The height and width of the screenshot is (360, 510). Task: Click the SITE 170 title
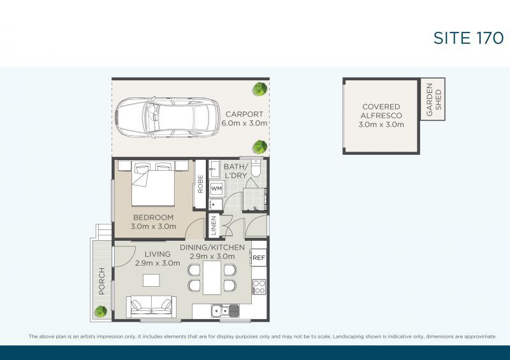(x=469, y=38)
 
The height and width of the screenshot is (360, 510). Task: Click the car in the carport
(x=168, y=117)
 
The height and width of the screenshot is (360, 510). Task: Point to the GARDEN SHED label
(x=433, y=99)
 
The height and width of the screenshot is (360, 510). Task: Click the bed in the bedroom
(x=153, y=183)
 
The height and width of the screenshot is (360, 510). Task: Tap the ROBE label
(x=200, y=184)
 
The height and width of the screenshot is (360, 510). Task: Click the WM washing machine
(x=216, y=189)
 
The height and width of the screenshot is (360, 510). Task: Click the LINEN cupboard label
(x=214, y=226)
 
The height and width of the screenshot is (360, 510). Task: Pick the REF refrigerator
(x=259, y=257)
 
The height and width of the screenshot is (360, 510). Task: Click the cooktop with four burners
(x=259, y=287)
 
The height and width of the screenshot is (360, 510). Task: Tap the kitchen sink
(x=225, y=311)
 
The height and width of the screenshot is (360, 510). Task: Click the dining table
(x=212, y=278)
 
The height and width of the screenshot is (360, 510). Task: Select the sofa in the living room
(x=152, y=306)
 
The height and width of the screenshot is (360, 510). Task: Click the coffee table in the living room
(x=151, y=280)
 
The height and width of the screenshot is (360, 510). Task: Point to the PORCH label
(x=102, y=281)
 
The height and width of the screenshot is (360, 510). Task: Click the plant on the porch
(x=101, y=312)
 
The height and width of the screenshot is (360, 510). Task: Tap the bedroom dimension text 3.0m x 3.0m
(x=154, y=226)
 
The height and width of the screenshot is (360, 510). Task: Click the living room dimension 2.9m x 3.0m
(x=157, y=263)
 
